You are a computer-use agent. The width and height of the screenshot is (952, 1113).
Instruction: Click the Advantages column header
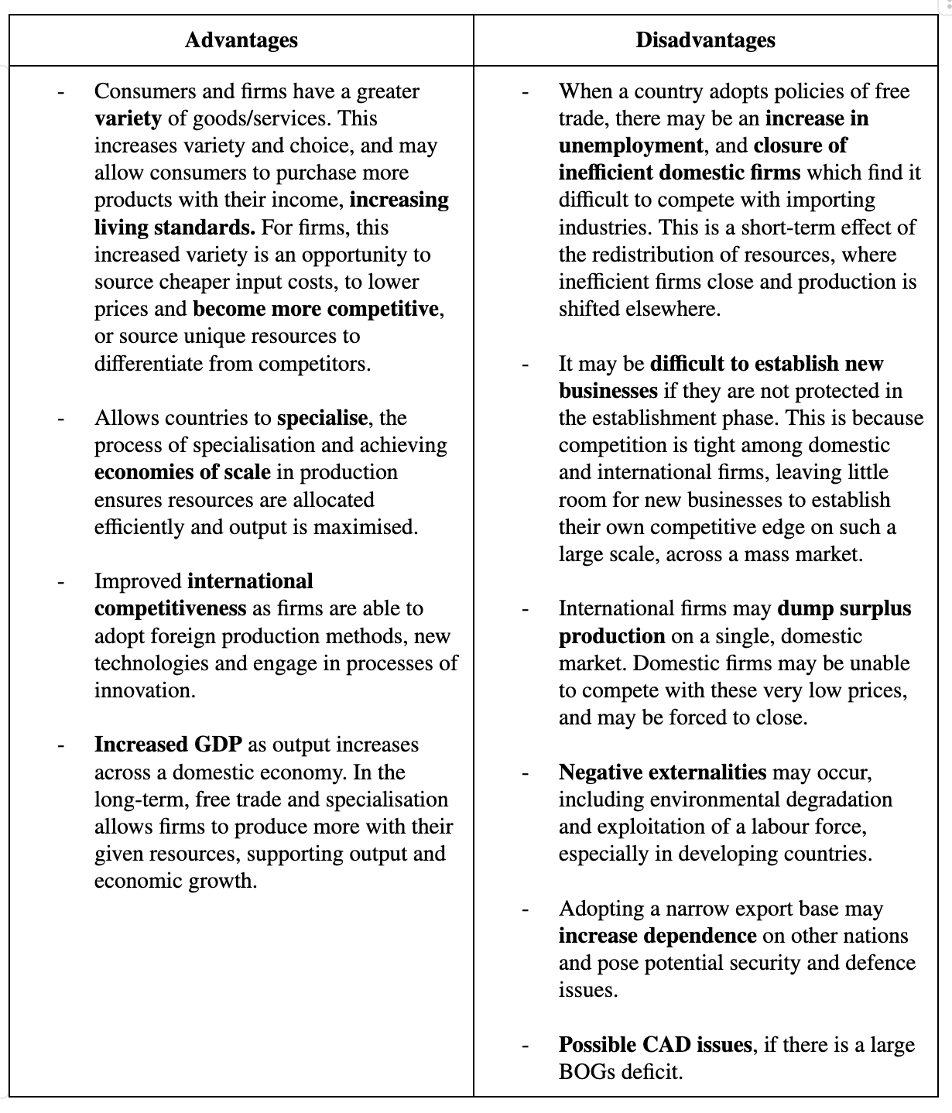241,40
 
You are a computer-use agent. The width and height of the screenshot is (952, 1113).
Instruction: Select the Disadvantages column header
705,40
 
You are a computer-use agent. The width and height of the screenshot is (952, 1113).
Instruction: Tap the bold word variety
128,118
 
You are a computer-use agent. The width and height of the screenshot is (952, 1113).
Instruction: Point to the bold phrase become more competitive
316,309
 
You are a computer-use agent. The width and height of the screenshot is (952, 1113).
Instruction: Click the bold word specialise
322,418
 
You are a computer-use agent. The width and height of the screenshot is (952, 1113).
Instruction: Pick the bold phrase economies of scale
183,472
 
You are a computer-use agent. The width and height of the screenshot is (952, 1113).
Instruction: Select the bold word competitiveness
170,608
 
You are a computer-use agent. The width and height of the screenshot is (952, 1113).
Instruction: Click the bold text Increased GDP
168,745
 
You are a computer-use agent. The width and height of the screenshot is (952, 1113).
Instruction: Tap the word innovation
143,690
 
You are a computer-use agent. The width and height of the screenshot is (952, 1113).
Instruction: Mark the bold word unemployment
631,146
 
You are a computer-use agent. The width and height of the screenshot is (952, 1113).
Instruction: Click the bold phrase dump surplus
844,608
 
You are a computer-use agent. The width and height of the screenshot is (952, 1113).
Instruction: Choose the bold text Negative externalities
663,772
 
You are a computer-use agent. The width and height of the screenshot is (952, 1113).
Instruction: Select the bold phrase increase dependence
657,936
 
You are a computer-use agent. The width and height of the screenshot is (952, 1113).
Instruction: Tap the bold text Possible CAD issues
655,1045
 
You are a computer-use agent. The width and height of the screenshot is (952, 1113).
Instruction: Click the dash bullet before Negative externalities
526,773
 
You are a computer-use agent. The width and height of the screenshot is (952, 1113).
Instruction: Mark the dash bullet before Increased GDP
60,745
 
